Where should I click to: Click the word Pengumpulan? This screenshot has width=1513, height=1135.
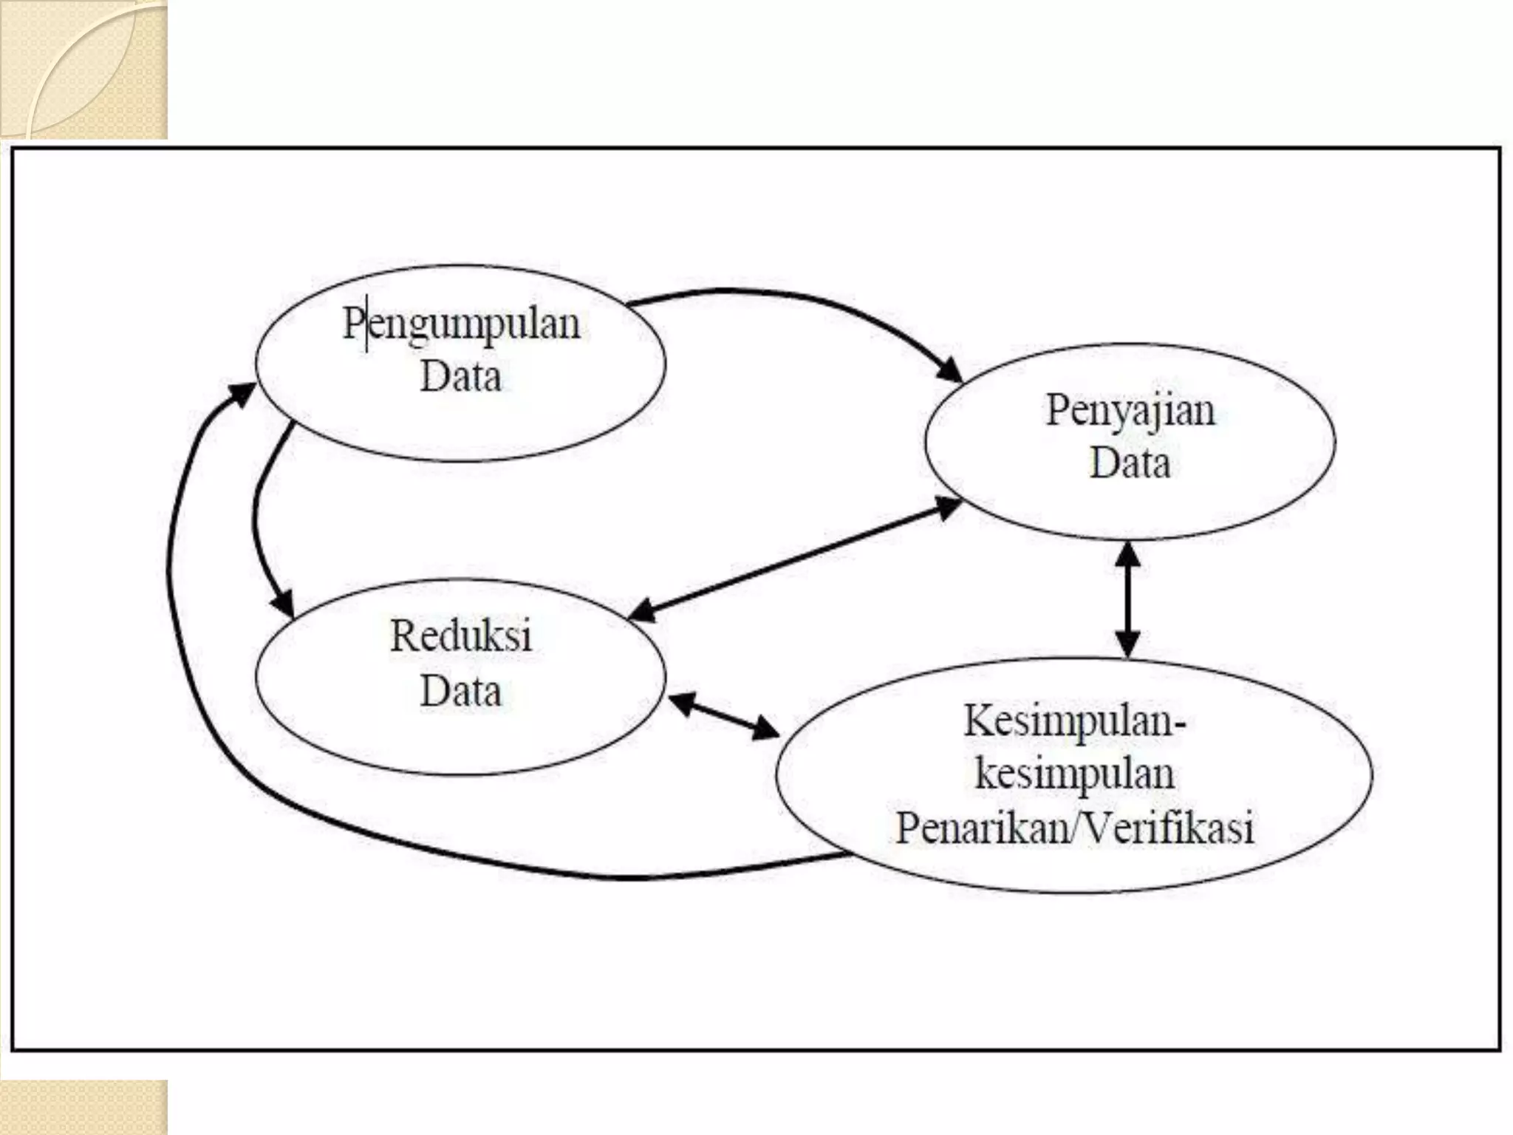pos(462,324)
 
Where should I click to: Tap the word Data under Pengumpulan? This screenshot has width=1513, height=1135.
pos(460,376)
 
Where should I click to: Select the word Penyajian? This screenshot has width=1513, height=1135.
pos(1130,410)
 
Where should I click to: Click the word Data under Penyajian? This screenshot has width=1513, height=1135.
pos(1130,463)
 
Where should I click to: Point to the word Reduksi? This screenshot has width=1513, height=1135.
pos(461,635)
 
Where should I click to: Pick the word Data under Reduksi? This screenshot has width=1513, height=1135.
pos(460,691)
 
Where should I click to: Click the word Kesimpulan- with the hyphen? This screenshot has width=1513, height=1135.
pos(1074,720)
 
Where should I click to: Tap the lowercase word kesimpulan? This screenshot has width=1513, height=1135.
pos(1074,774)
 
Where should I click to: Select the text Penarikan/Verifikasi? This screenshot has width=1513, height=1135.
pos(1074,828)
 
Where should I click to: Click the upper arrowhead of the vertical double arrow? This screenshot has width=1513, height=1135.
pos(1127,553)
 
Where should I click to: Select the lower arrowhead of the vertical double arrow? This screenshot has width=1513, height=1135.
pos(1127,645)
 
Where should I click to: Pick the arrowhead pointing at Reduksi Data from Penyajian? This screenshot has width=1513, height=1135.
pos(641,613)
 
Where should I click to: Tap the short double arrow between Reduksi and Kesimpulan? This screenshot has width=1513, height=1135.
pos(724,715)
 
